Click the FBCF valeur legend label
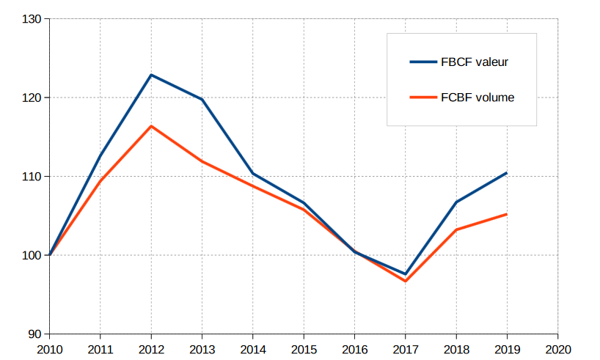(475, 62)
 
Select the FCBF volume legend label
(478, 97)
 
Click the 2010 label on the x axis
(49, 350)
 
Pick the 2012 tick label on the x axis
(151, 350)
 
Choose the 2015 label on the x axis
(304, 350)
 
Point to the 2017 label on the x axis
(405, 350)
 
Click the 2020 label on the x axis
(557, 350)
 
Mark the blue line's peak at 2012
(151, 75)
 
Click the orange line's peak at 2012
(151, 126)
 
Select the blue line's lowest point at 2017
(405, 274)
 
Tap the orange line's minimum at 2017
(405, 281)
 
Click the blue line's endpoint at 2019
(507, 173)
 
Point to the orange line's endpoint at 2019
(507, 214)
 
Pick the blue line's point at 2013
(202, 100)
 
